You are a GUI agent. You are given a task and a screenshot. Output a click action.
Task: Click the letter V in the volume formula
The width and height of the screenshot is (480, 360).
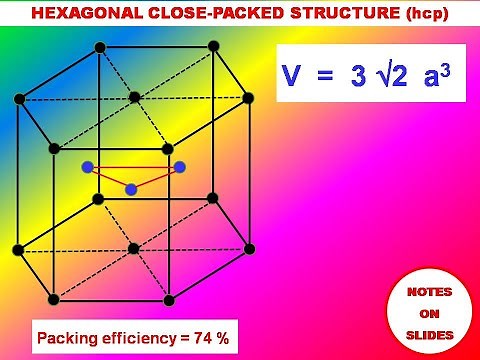pos(293,78)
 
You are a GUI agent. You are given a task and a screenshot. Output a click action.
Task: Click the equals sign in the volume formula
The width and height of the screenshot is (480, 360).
pos(325,79)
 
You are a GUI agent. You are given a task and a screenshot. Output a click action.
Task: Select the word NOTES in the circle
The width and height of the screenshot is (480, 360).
pos(427,292)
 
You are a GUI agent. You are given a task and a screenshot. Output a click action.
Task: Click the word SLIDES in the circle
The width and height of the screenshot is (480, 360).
pos(427,333)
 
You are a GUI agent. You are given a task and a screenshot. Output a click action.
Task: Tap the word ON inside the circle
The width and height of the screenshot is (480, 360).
pos(427,312)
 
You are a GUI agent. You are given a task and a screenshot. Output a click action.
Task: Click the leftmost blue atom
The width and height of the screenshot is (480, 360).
pos(88,167)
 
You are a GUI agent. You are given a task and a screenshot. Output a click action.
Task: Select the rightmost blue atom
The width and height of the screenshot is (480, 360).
pos(180,167)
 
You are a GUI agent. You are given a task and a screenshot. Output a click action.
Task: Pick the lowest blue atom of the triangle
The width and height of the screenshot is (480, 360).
pos(131,189)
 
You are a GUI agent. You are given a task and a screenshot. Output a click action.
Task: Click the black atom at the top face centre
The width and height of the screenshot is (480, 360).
pos(134,97)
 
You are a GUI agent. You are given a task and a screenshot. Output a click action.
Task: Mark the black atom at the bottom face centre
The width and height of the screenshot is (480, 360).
pos(134,248)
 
